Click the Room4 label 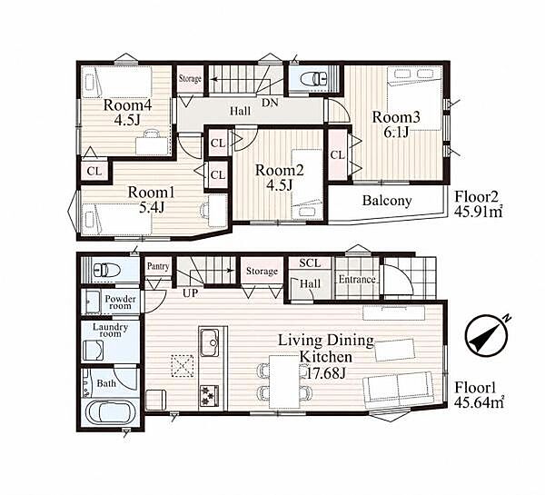pos(127,105)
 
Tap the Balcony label pos(387,201)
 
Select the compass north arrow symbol pos(486,336)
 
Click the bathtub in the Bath pos(110,412)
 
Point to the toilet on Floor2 pos(315,78)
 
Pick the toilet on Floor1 pos(107,270)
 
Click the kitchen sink pos(209,342)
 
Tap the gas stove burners pos(209,396)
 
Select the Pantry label pos(158,267)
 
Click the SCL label pos(310,263)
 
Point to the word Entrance pos(357,280)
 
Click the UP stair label pos(190,293)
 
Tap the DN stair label pos(270,103)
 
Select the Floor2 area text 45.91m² pos(480,211)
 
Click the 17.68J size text pos(327,373)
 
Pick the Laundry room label pos(111,331)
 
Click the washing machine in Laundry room pos(94,350)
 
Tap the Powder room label pos(120,302)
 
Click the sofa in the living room pos(398,390)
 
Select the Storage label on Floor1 pos(262,272)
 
